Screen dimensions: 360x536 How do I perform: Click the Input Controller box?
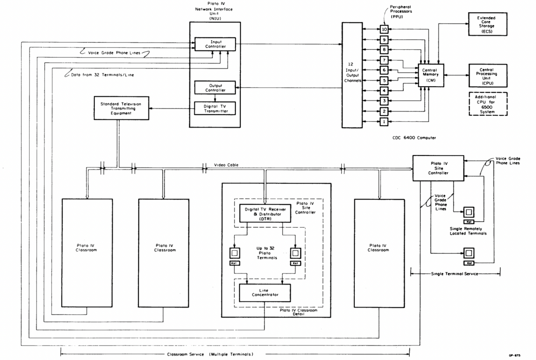coord(215,44)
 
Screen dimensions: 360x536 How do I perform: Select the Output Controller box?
coord(215,88)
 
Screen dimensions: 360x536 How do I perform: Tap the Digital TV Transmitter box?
coord(215,109)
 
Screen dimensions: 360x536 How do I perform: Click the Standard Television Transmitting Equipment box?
coord(121,109)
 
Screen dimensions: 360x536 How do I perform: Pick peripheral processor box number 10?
coord(384,29)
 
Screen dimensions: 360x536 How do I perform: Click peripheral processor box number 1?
coord(384,122)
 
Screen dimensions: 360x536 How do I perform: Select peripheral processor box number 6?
coord(384,70)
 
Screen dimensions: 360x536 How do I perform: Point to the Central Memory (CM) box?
coord(431,75)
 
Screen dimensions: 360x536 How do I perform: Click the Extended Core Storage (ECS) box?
coord(487,25)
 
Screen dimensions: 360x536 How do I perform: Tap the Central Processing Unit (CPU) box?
coord(487,76)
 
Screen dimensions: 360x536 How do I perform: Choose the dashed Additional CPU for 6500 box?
coord(488,104)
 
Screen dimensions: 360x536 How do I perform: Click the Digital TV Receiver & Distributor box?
coord(265,214)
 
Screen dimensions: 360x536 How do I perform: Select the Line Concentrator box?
coord(265,293)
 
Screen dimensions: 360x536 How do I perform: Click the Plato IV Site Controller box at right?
coord(438,168)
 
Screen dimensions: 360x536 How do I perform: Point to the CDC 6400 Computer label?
coord(414,138)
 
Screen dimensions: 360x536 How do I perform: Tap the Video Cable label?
coord(226,165)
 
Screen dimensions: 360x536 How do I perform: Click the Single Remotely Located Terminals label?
coord(468,231)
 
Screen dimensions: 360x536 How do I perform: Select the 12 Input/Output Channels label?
coord(352,73)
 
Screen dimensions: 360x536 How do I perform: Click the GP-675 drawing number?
coord(515,356)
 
